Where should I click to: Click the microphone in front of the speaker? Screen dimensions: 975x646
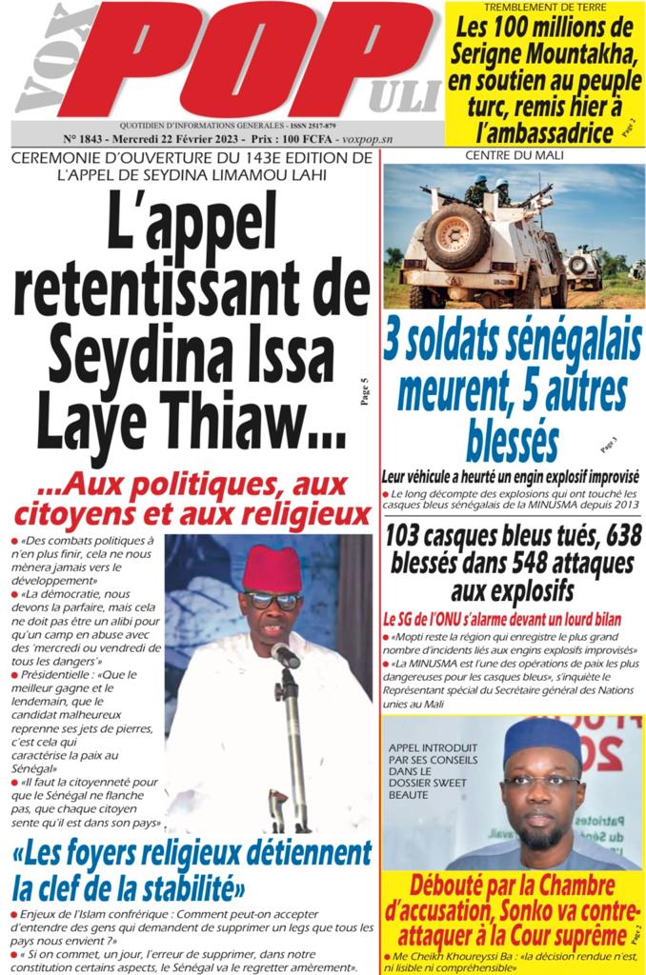coord(283,654)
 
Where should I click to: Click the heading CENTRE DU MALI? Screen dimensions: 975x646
coord(514,154)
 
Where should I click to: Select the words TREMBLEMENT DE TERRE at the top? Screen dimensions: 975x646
coord(546,9)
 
